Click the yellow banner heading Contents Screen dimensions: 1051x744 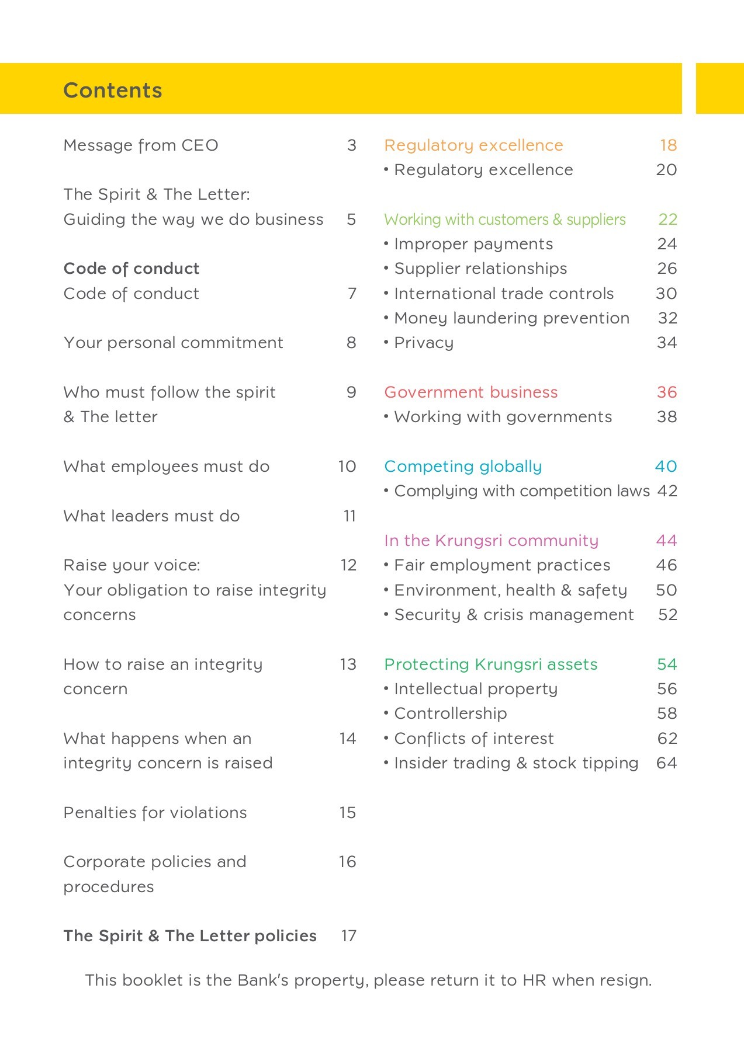tap(113, 91)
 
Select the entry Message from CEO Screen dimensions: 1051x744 tap(141, 145)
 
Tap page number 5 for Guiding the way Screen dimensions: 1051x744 tap(351, 220)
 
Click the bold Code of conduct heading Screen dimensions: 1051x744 tap(132, 269)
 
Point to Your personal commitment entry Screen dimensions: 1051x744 tap(174, 343)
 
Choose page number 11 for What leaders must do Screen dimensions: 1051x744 tap(349, 516)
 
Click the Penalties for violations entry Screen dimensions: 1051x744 tap(155, 813)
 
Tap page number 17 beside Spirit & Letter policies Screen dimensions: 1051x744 tap(349, 936)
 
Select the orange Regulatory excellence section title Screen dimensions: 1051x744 tap(474, 145)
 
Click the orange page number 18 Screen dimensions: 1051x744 tap(668, 145)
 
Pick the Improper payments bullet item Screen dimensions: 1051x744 tap(473, 244)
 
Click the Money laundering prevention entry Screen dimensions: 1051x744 tap(512, 318)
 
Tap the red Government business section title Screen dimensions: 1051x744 tap(471, 392)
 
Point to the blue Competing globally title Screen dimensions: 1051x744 tap(463, 467)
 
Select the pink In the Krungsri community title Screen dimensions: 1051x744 tap(492, 541)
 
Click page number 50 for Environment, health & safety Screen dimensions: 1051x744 tap(666, 590)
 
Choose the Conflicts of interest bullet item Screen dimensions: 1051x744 tap(474, 739)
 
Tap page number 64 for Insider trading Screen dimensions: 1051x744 tap(667, 763)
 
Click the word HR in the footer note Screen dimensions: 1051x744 tap(534, 980)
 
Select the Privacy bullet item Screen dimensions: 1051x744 tap(424, 343)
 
